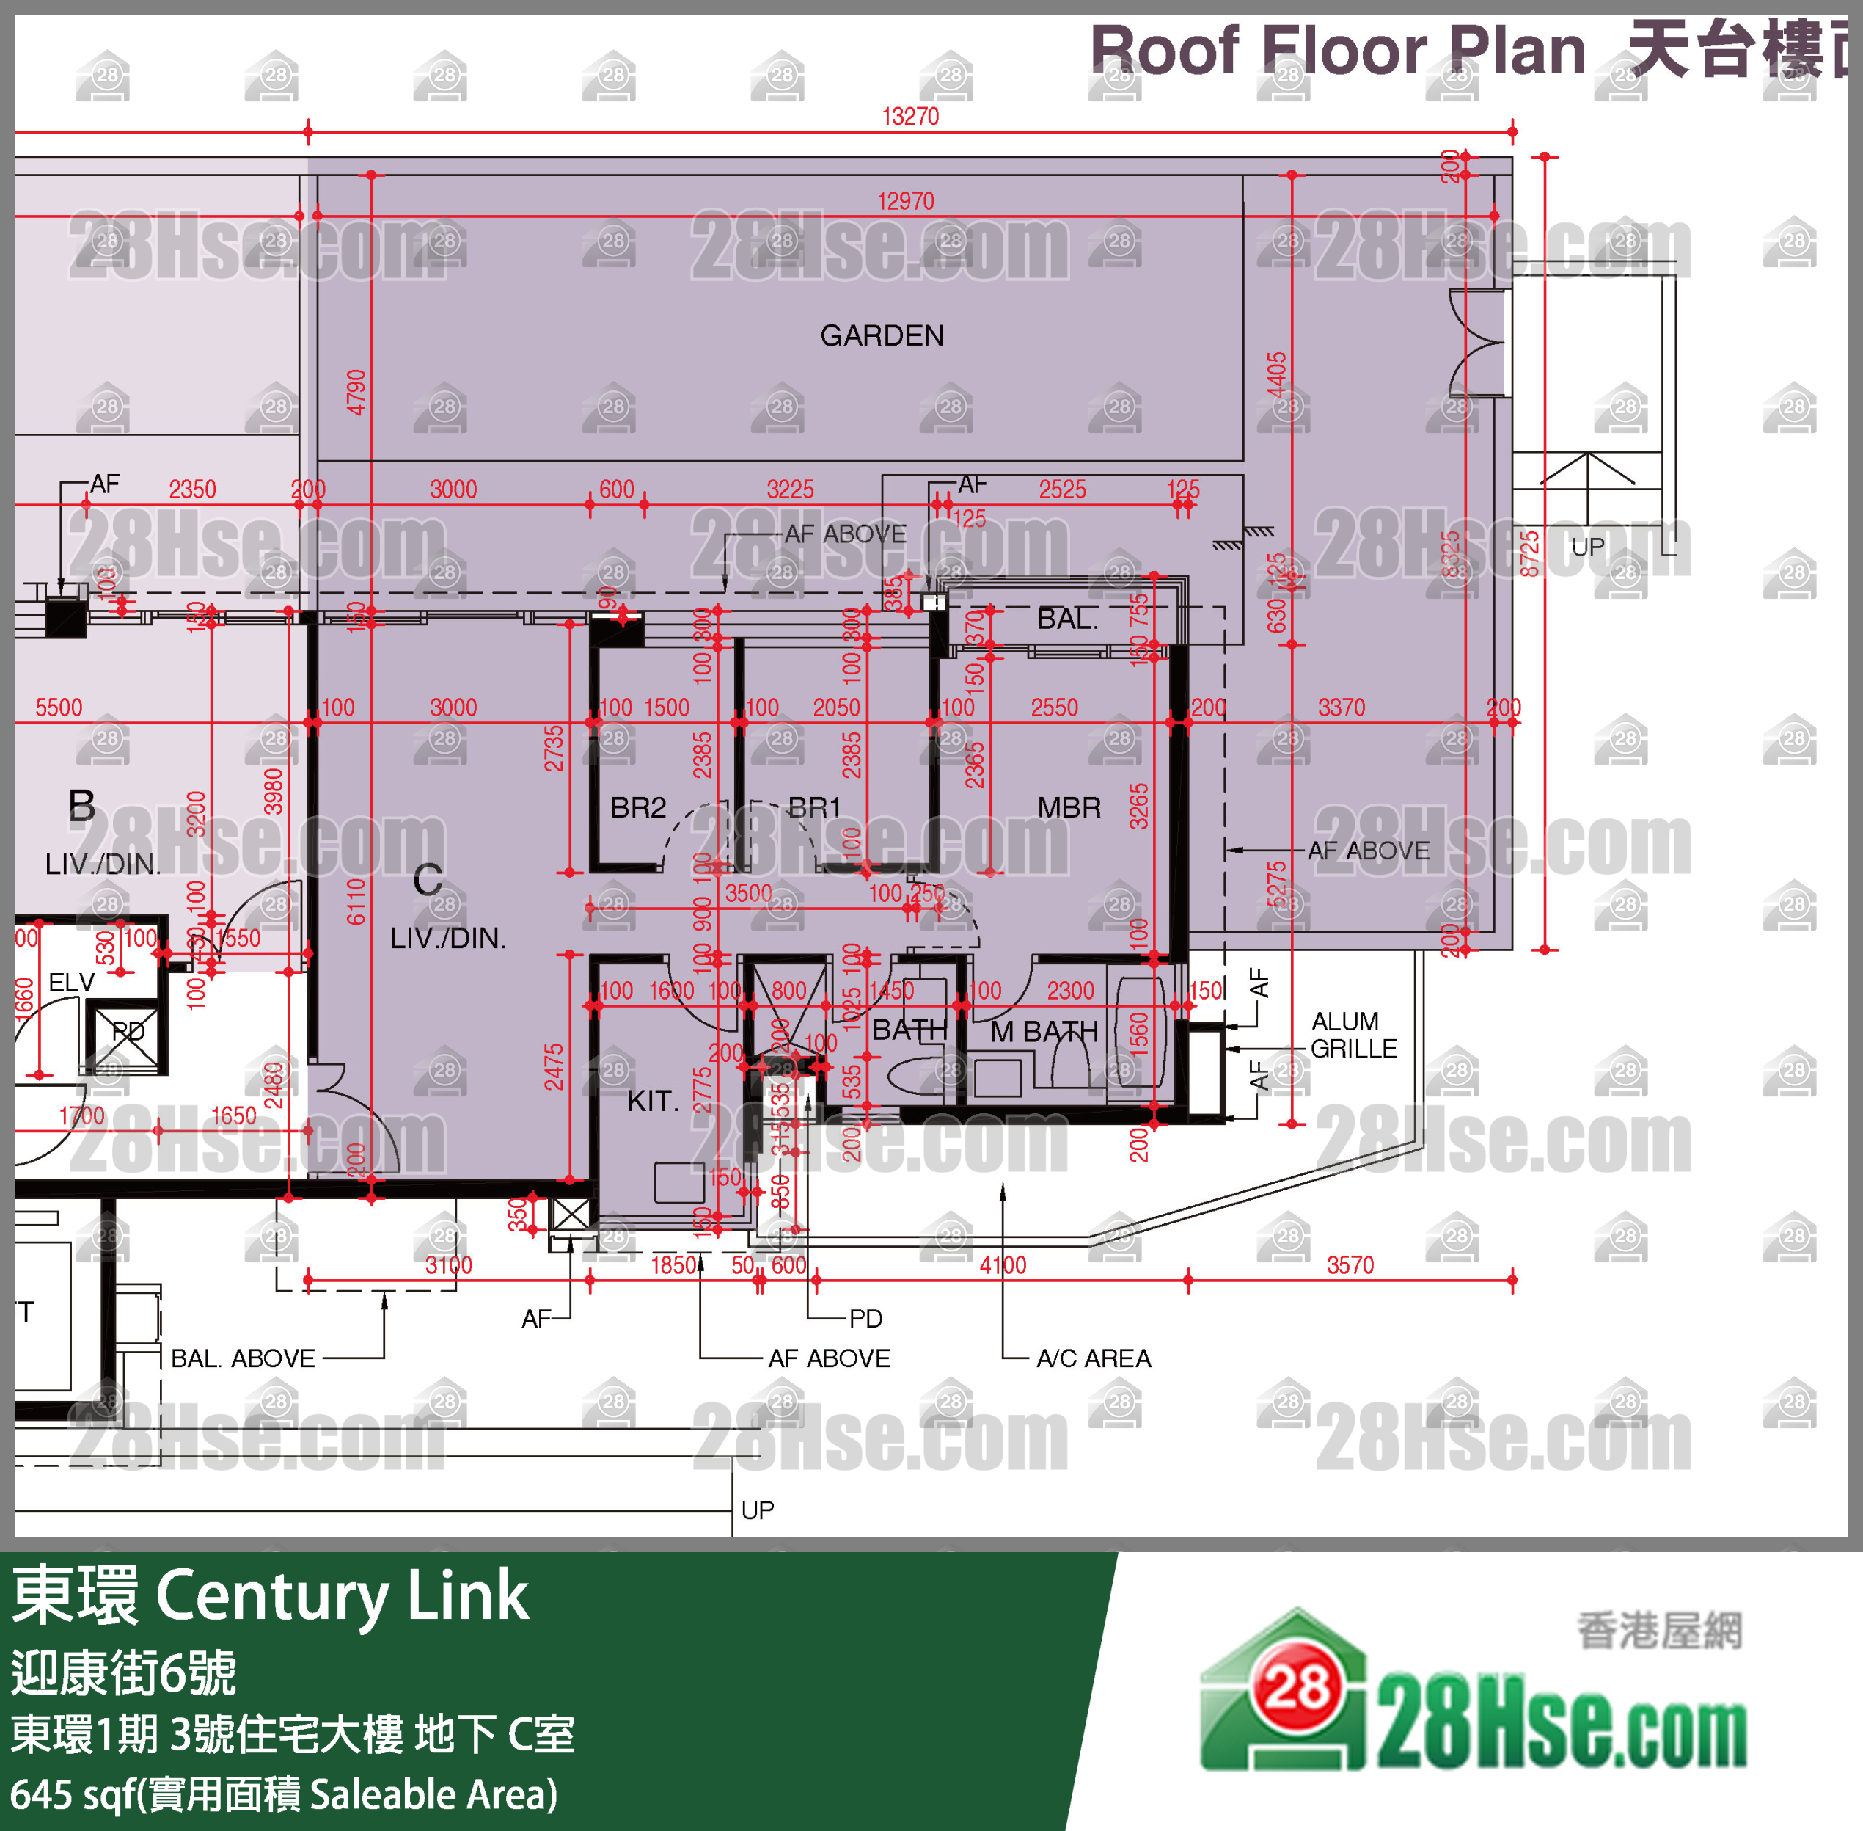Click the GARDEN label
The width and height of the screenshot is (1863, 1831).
tap(882, 335)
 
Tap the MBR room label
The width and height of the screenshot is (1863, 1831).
tap(1069, 808)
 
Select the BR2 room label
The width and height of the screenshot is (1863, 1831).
tap(637, 808)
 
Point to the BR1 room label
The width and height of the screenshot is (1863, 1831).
tap(814, 808)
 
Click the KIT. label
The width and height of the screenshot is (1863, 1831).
tap(653, 1101)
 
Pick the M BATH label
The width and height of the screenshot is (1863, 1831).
tap(1044, 1032)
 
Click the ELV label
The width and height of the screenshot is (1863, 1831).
tap(71, 982)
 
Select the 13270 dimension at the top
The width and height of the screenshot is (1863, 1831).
tap(910, 117)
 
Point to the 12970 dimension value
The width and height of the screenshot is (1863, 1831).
tap(906, 201)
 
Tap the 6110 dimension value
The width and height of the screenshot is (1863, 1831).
tap(356, 901)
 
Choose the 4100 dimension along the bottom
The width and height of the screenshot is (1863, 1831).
tap(1003, 1265)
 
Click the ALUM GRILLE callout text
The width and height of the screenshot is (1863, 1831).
tap(1353, 1035)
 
